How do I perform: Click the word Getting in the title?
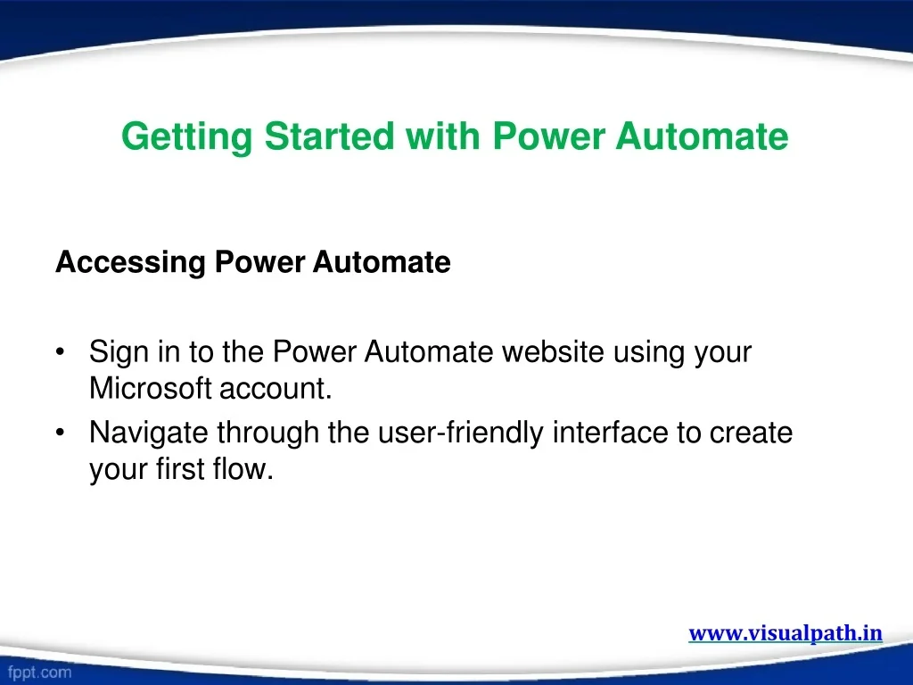[x=187, y=137]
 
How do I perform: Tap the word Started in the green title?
[x=330, y=136]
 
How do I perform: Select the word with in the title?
[x=442, y=136]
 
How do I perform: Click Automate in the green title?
[x=702, y=136]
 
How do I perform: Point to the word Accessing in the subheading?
[x=130, y=263]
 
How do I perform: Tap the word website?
[x=553, y=351]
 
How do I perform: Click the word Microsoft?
[x=150, y=388]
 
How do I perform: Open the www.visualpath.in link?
[x=786, y=633]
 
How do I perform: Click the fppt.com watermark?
[x=39, y=673]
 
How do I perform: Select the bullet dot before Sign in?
[x=60, y=352]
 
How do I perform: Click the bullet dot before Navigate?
[x=60, y=433]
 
